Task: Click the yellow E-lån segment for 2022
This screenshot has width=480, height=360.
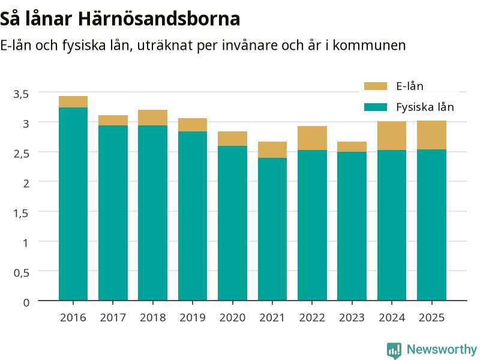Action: click(312, 138)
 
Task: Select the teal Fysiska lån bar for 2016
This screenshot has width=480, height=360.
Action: click(73, 204)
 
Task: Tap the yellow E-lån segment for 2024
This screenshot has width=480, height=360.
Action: click(392, 136)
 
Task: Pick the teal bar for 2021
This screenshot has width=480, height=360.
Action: click(272, 229)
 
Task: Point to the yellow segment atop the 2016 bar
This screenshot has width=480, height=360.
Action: click(73, 101)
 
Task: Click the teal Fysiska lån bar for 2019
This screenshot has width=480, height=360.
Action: click(193, 216)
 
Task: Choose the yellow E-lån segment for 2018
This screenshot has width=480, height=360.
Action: click(153, 118)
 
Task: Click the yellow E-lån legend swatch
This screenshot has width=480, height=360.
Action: click(376, 86)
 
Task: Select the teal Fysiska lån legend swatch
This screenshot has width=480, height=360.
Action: click(376, 107)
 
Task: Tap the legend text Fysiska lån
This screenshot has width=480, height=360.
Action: click(425, 107)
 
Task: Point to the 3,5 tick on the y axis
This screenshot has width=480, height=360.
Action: click(21, 94)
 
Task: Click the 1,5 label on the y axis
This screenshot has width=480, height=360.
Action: click(21, 213)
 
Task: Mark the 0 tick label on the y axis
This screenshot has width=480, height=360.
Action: click(26, 302)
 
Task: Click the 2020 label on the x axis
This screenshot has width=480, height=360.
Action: click(232, 317)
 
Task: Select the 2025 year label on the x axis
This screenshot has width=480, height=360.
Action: click(431, 317)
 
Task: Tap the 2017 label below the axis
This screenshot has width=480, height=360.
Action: click(113, 317)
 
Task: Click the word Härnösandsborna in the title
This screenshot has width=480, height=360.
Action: click(159, 19)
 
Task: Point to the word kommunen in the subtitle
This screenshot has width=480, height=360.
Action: click(369, 46)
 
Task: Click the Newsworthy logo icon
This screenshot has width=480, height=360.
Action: click(394, 350)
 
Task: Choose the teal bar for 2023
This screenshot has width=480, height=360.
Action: click(352, 226)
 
